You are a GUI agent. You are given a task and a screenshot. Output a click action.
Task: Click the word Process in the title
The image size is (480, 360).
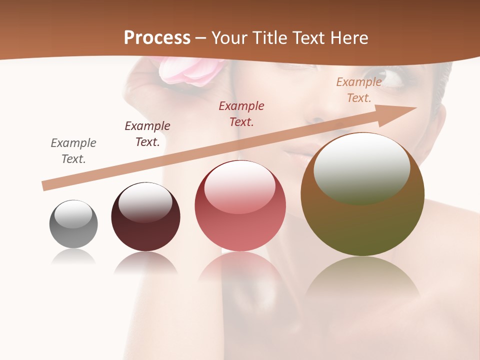[157, 38]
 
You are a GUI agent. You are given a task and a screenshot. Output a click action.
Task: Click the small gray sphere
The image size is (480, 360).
[73, 224]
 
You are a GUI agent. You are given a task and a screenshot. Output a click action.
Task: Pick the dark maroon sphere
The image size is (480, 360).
[145, 217]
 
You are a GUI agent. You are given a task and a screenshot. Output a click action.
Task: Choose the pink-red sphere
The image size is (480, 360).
[240, 205]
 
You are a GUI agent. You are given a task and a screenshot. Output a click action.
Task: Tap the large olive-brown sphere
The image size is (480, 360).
[362, 195]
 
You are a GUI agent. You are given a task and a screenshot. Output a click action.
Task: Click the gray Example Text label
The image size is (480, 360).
[73, 151]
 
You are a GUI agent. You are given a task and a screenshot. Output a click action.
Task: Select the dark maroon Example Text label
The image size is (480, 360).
[147, 134]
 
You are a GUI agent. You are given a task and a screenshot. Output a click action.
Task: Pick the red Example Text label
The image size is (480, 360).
[241, 113]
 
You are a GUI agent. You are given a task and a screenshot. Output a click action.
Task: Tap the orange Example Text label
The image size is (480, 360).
[359, 90]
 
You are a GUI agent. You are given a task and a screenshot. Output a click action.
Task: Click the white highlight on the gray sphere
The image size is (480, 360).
[73, 214]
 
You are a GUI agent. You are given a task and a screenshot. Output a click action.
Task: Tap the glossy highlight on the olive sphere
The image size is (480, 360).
[361, 168]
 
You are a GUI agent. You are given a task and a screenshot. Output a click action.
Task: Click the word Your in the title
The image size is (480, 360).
[231, 38]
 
